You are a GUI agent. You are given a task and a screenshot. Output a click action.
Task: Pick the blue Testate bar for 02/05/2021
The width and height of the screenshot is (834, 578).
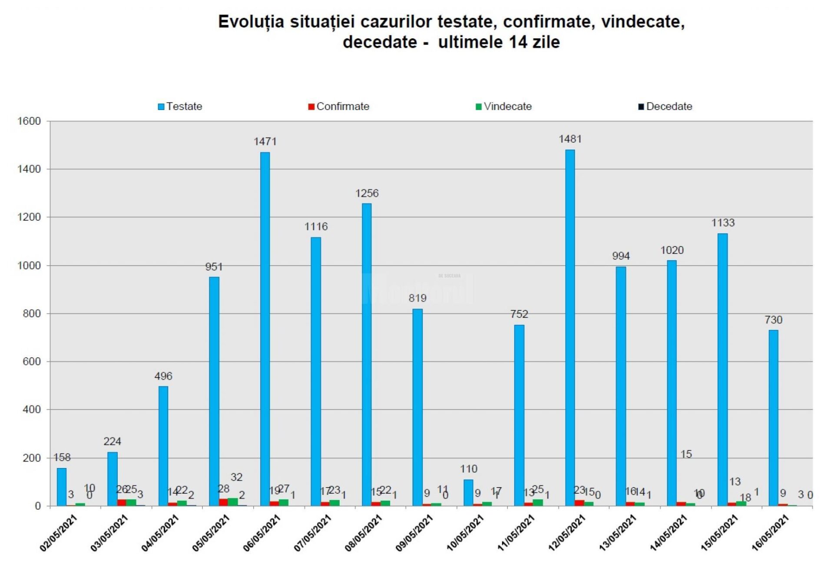tap(62, 487)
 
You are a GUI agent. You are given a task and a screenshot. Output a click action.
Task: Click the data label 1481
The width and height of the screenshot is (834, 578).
tap(569, 139)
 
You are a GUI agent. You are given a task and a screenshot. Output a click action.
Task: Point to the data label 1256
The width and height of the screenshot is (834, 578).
tap(367, 193)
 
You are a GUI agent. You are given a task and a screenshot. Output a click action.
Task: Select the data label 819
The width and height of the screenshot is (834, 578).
tap(417, 298)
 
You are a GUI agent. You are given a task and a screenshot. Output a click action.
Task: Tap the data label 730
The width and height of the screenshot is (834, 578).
tap(773, 320)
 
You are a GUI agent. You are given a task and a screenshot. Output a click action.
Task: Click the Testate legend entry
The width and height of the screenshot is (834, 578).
tap(180, 106)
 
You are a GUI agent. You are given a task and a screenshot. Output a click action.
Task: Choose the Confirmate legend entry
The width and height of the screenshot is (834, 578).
tap(338, 106)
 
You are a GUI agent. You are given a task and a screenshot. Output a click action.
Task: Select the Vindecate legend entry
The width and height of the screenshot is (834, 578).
tap(503, 106)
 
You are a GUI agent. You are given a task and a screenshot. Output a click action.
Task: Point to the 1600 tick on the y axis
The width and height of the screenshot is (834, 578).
tap(29, 121)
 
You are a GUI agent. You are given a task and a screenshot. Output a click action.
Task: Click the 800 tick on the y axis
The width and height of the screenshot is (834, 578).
tap(32, 314)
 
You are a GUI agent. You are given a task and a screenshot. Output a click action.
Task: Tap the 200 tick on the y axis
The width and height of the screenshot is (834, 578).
tap(32, 458)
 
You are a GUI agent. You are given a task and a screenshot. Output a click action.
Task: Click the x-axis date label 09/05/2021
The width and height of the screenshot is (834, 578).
tap(414, 533)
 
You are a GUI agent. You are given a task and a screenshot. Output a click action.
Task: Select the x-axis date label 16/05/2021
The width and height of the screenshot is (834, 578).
tap(770, 533)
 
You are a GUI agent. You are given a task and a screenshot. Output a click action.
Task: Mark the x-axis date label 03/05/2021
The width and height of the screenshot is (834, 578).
tap(109, 533)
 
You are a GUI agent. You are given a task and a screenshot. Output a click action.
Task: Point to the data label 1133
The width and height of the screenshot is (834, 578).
tap(722, 223)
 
